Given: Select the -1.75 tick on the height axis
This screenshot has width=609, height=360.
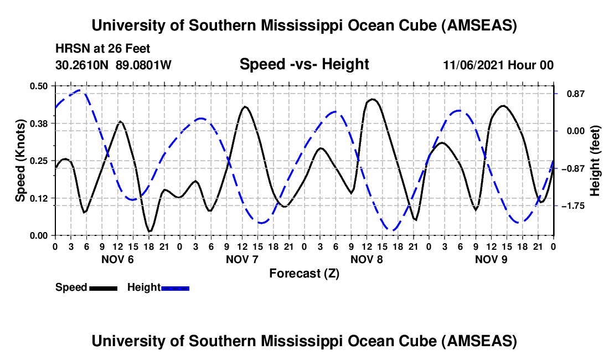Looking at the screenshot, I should [x=570, y=206].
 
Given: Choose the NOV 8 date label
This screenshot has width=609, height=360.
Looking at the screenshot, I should [x=367, y=259].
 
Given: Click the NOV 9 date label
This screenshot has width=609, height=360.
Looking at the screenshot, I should [x=491, y=259].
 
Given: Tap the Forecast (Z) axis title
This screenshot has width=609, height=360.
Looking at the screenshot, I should [x=304, y=273].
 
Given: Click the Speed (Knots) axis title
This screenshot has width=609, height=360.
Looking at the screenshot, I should [x=20, y=161].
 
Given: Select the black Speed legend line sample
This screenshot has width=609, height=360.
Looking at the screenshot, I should [x=103, y=288].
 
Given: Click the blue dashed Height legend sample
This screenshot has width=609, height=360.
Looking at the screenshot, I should [x=175, y=288].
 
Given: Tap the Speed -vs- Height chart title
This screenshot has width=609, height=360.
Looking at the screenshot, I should [x=304, y=65].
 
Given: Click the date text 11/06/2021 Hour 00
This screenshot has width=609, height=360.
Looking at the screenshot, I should [x=498, y=65].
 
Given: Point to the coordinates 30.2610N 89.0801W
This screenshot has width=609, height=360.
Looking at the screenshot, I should [x=113, y=65].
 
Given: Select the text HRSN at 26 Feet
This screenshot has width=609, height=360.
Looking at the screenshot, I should [x=102, y=49].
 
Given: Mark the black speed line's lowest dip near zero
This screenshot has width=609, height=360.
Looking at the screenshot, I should [x=149, y=230].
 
